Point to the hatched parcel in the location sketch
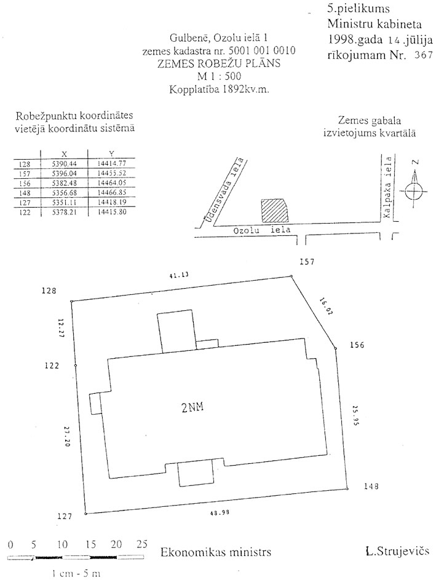(x=274, y=210)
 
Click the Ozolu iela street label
(x=261, y=229)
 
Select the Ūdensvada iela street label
(x=221, y=192)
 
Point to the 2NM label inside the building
(x=191, y=406)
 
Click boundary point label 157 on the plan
(x=307, y=262)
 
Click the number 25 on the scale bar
(x=141, y=544)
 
